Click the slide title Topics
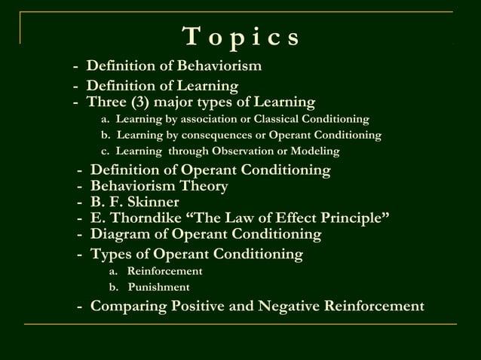[x=240, y=36]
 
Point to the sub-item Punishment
[x=158, y=287]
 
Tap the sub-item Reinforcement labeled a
[x=164, y=271]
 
